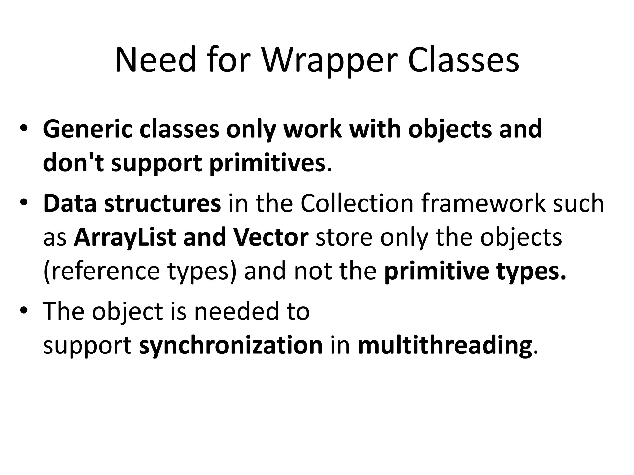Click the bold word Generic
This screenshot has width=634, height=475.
click(87, 130)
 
